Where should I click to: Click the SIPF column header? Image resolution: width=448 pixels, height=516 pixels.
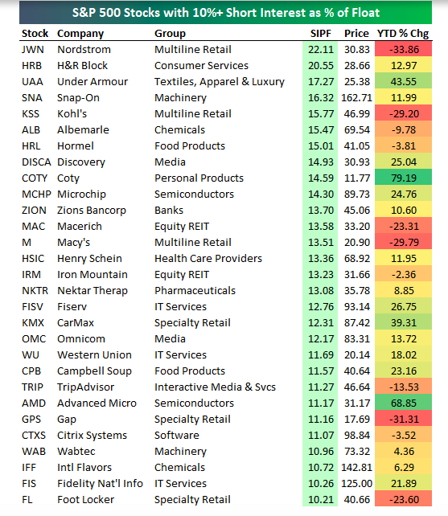coord(321,33)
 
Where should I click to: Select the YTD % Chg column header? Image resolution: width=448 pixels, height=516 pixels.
coord(403,33)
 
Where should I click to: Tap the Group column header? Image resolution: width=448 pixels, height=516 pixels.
coord(170,34)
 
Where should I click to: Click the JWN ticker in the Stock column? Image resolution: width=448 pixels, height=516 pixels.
coord(33,49)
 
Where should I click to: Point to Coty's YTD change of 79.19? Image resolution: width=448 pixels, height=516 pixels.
coord(404,178)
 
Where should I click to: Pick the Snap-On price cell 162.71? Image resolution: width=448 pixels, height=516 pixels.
coord(357,98)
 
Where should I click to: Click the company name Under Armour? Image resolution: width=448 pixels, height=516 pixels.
coord(92,82)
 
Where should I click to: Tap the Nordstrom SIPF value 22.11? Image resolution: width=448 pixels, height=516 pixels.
coord(321,49)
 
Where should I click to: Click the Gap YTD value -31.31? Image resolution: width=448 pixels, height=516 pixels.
coord(404,420)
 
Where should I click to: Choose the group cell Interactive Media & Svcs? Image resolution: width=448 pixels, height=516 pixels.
coord(215,387)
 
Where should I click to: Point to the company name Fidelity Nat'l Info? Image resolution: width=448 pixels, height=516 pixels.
coord(101,483)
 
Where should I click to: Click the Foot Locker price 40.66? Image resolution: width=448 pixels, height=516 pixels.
coord(357,500)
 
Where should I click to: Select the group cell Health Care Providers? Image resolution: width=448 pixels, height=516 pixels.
coord(208,258)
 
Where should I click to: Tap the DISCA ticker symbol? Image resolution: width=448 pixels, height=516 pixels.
coord(36,162)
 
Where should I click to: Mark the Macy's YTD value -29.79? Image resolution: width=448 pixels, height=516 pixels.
coord(404,242)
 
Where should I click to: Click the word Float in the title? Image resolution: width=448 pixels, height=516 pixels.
coord(366,13)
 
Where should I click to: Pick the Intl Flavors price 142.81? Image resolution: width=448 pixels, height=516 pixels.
coord(357,467)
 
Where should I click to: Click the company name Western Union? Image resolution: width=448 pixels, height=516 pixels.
coord(95,354)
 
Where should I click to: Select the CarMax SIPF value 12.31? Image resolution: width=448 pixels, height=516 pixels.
coord(321,323)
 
